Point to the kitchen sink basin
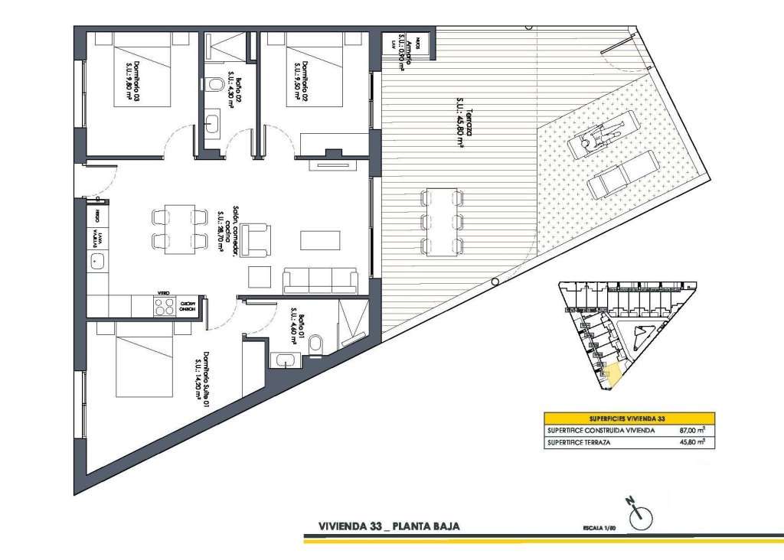click(97, 262)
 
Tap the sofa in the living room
click(320, 281)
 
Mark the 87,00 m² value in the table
click(692, 430)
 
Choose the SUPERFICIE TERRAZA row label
click(580, 441)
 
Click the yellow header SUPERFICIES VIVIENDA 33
click(629, 418)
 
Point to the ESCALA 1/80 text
click(599, 528)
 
